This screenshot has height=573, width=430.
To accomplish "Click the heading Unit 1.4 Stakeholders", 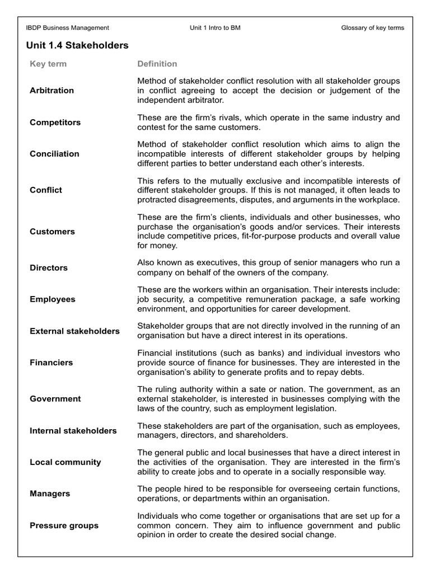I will point(77,45).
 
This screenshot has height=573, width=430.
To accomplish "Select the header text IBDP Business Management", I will point(68,27).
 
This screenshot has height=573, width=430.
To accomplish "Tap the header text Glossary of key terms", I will point(372,27).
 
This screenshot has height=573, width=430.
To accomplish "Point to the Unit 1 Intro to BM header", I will point(216,27).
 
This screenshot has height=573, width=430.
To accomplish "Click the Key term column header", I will point(48,64).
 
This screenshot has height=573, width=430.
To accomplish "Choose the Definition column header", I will point(157,64).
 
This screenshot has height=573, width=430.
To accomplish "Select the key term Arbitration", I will point(52,91).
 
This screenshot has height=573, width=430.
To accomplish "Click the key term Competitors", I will point(55,123).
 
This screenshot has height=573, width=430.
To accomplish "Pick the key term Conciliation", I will point(54,154).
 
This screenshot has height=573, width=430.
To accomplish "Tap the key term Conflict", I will point(46,190).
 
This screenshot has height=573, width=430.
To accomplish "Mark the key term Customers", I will point(52,232).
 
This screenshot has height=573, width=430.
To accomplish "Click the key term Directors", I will point(49,268).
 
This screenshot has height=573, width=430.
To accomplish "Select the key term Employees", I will point(52,299).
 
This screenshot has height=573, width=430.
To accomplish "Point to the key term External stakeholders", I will point(74,331).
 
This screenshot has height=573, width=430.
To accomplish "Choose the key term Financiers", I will point(51,363).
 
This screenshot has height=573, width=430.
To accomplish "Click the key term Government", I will point(55,399).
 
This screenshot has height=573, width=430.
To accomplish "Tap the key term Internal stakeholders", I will point(73,431).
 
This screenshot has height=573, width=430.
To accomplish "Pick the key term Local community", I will point(65,462).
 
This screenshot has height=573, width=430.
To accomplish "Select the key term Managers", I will point(50,494).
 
